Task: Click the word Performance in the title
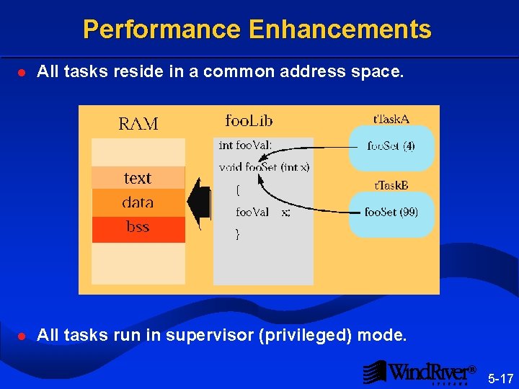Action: pos(161,30)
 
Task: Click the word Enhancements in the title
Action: pos(340,30)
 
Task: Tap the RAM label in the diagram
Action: pos(138,124)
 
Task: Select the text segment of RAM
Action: pos(138,178)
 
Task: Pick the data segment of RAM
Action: pos(138,202)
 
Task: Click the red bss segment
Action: pos(138,228)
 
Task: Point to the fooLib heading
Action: pos(249,120)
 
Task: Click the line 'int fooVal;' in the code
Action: pos(245,146)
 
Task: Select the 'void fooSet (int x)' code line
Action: pos(264,168)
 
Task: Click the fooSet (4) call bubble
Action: pos(391,146)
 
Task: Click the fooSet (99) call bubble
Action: pos(391,213)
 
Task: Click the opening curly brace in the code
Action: pos(239,190)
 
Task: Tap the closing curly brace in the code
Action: pos(239,234)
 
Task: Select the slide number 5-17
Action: pos(500,377)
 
